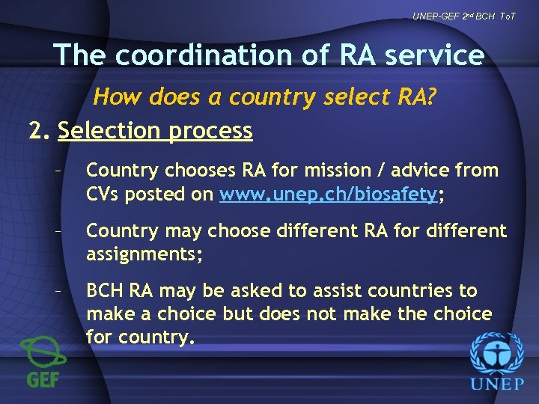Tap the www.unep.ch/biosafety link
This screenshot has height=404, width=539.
click(328, 195)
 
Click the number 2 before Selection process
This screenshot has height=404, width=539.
click(36, 131)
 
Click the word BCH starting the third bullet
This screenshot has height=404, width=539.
click(105, 290)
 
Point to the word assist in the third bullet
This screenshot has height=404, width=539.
click(353, 290)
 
